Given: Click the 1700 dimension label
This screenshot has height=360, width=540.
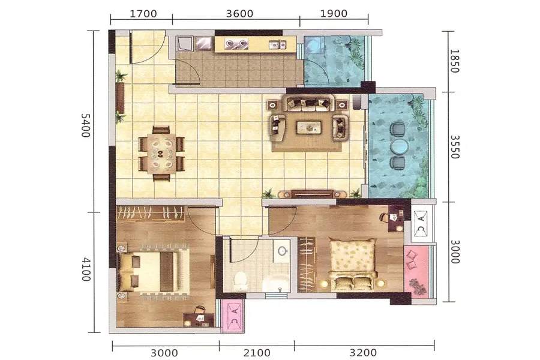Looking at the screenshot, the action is click(143, 14).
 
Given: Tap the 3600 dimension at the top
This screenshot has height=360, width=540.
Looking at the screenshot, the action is click(239, 14).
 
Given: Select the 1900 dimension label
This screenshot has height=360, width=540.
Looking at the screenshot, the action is click(334, 14).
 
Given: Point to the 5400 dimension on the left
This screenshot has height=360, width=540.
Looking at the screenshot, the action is click(85, 125).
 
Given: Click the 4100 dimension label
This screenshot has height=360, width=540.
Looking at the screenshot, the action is click(86, 269).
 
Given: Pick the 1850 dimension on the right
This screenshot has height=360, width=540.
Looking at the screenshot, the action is click(455, 61).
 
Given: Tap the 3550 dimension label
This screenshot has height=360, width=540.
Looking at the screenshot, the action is click(455, 147).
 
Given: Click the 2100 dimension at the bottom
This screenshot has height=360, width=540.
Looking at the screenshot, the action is click(257, 353).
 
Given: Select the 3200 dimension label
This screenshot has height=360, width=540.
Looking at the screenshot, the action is click(364, 353).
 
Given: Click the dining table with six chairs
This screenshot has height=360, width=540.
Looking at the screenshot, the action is click(161, 154).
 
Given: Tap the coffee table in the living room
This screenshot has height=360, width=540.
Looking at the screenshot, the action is click(309, 127).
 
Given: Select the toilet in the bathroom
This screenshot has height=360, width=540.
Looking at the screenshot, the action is click(240, 280).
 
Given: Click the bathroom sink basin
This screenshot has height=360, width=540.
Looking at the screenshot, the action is click(283, 251).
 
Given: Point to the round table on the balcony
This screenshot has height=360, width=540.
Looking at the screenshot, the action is click(399, 146).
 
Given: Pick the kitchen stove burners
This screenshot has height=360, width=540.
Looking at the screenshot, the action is click(236, 43).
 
